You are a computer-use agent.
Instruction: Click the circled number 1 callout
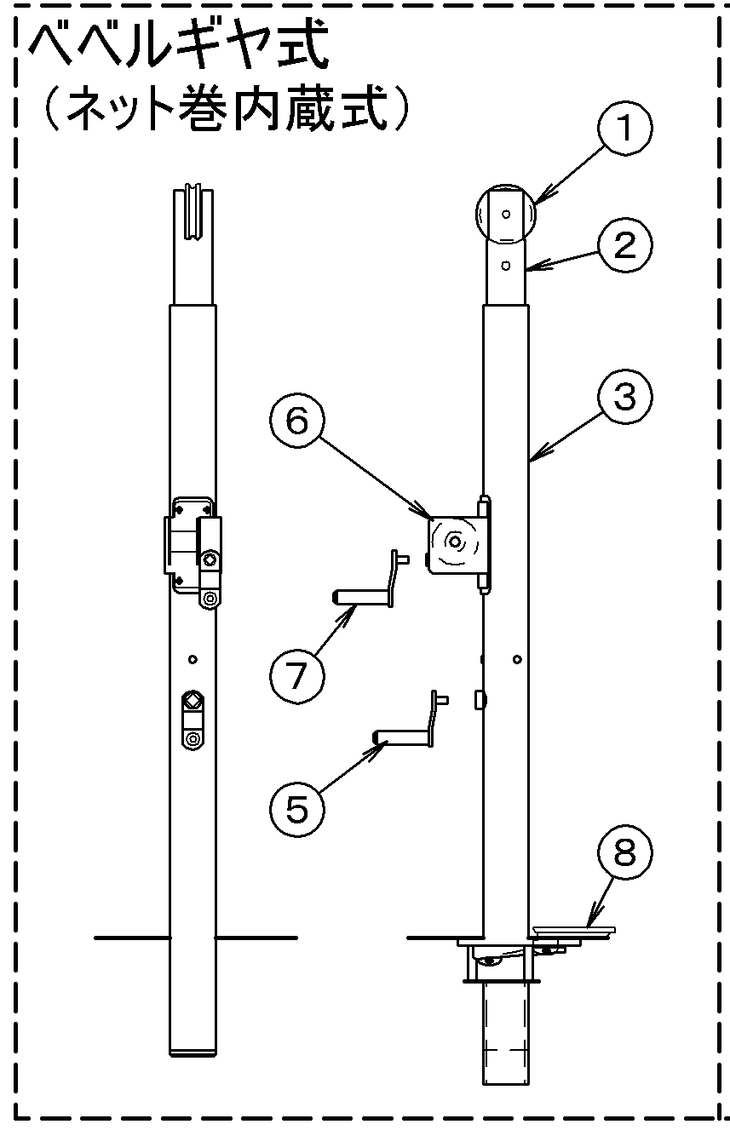(624, 128)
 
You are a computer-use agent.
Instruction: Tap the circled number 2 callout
(624, 245)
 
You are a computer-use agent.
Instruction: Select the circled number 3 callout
(624, 397)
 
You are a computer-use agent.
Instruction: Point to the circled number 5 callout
(296, 810)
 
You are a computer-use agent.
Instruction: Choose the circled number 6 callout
(296, 420)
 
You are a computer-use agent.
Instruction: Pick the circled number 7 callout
(296, 676)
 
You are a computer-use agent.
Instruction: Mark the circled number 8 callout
(624, 852)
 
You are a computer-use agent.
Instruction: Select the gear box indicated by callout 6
(458, 544)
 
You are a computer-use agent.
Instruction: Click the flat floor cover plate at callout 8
(574, 929)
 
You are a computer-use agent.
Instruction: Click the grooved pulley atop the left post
(193, 212)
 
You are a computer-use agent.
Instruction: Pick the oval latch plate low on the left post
(193, 720)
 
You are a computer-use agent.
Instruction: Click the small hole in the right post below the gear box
(517, 659)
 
